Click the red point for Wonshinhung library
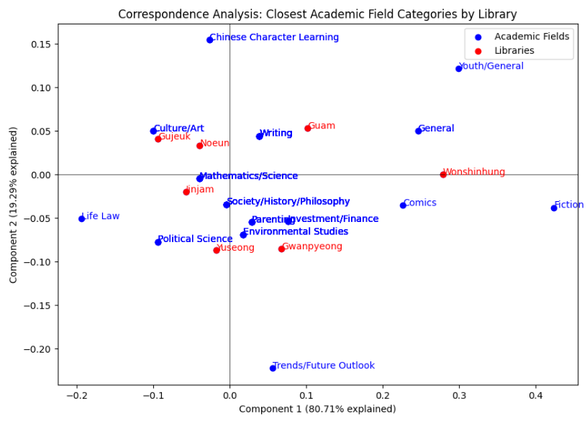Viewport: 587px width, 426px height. point(443,175)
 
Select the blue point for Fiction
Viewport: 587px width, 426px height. point(554,208)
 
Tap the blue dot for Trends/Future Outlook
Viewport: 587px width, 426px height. point(273,369)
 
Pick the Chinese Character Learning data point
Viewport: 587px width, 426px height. point(209,40)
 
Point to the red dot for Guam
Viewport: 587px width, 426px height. point(307,129)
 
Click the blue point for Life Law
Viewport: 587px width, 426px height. point(81,218)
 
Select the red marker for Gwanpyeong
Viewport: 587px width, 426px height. point(281,249)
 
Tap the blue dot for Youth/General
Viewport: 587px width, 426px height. point(458,69)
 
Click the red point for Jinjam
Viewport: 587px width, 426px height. point(186,192)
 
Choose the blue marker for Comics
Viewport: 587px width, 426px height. point(403,205)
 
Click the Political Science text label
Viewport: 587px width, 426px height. point(195,239)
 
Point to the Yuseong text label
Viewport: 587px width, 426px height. point(235,248)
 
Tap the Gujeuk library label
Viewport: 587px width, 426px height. point(174,136)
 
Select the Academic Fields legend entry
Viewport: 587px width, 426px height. point(531,37)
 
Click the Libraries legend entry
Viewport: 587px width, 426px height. point(514,51)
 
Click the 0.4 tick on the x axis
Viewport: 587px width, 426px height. point(535,396)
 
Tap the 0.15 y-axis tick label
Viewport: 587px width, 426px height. point(41,44)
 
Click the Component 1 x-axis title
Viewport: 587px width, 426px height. point(317,409)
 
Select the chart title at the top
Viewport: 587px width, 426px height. point(317,14)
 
